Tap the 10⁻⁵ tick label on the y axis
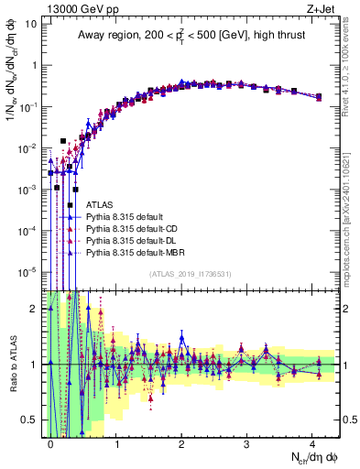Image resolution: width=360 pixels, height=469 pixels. click(28, 271)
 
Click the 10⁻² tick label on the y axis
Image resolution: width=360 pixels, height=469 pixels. click(28, 147)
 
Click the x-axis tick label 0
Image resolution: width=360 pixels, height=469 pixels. click(50, 442)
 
